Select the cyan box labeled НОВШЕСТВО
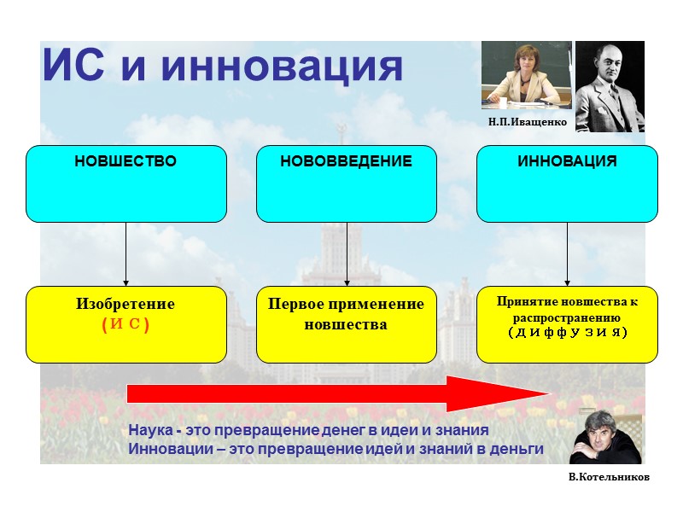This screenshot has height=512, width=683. [126, 183]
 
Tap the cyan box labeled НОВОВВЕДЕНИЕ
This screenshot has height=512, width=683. [347, 183]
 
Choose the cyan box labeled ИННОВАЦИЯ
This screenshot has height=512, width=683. [567, 183]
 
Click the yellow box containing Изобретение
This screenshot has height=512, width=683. [126, 324]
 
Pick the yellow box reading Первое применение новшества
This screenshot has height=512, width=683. [347, 324]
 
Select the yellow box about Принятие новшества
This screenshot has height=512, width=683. [567, 324]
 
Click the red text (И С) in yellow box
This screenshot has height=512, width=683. [126, 324]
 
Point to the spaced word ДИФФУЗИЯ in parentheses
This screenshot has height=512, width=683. [567, 331]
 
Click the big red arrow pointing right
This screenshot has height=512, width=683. [341, 393]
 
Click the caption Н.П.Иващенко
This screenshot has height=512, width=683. [528, 122]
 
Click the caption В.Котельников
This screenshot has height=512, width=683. [609, 477]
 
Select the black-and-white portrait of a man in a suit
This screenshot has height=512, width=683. [610, 86]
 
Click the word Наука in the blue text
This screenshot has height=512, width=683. [151, 430]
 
